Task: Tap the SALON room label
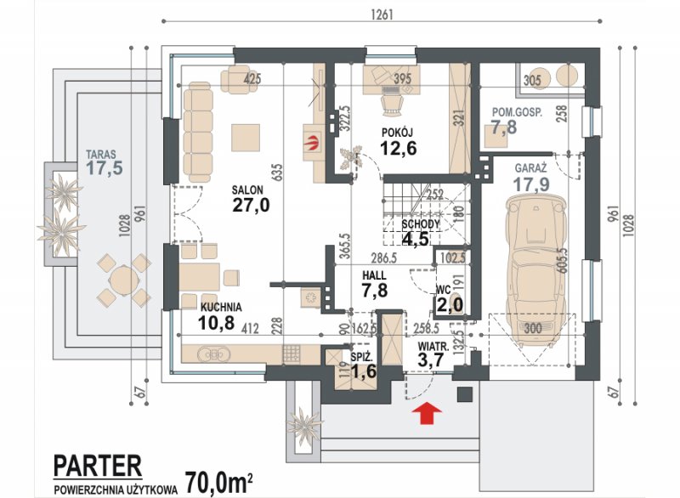pyautogui.click(x=247, y=190)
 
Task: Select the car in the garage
pyautogui.click(x=536, y=271)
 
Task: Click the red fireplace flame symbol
pyautogui.click(x=311, y=143)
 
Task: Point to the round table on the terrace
pyautogui.click(x=124, y=280)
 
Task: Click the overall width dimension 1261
pyautogui.click(x=382, y=14)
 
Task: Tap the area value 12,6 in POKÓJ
pyautogui.click(x=398, y=148)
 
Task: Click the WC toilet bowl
pyautogui.click(x=456, y=300)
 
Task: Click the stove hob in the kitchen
pyautogui.click(x=291, y=354)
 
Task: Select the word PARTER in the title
pyautogui.click(x=98, y=466)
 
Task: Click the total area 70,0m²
pyautogui.click(x=218, y=484)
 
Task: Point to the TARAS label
pyautogui.click(x=100, y=155)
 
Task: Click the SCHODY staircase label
pyautogui.click(x=421, y=224)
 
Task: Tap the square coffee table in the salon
pyautogui.click(x=246, y=138)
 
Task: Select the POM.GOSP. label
pyautogui.click(x=517, y=112)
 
